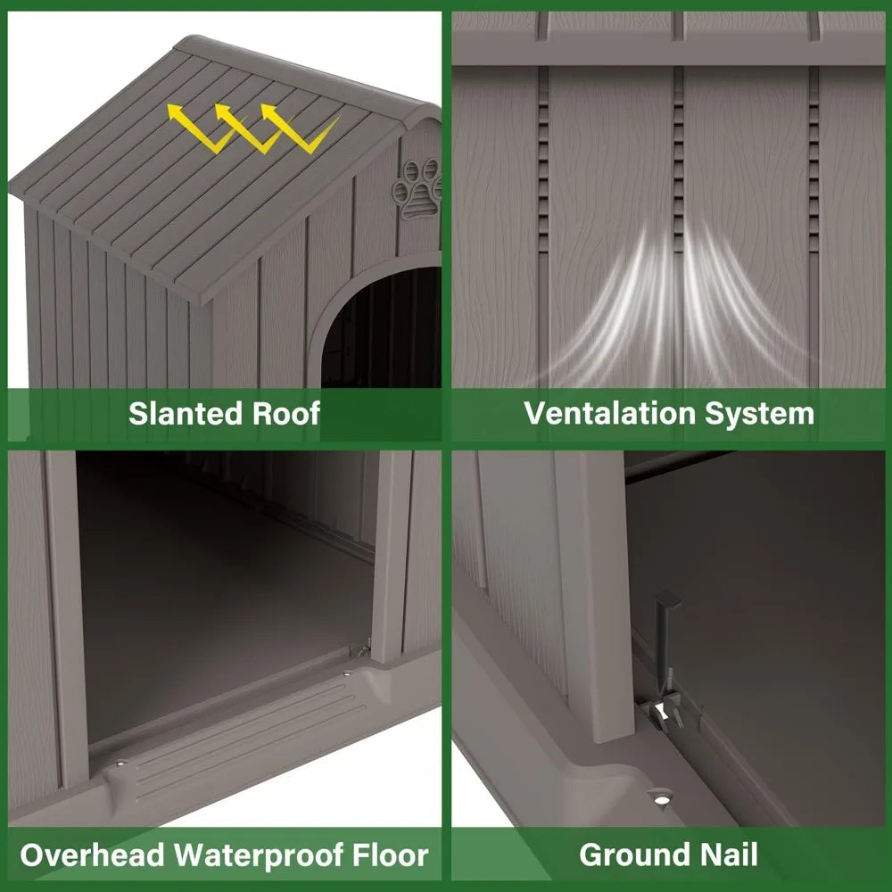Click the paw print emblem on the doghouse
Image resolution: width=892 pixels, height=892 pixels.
tap(418, 188)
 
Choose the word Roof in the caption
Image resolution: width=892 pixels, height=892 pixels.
tap(286, 414)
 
